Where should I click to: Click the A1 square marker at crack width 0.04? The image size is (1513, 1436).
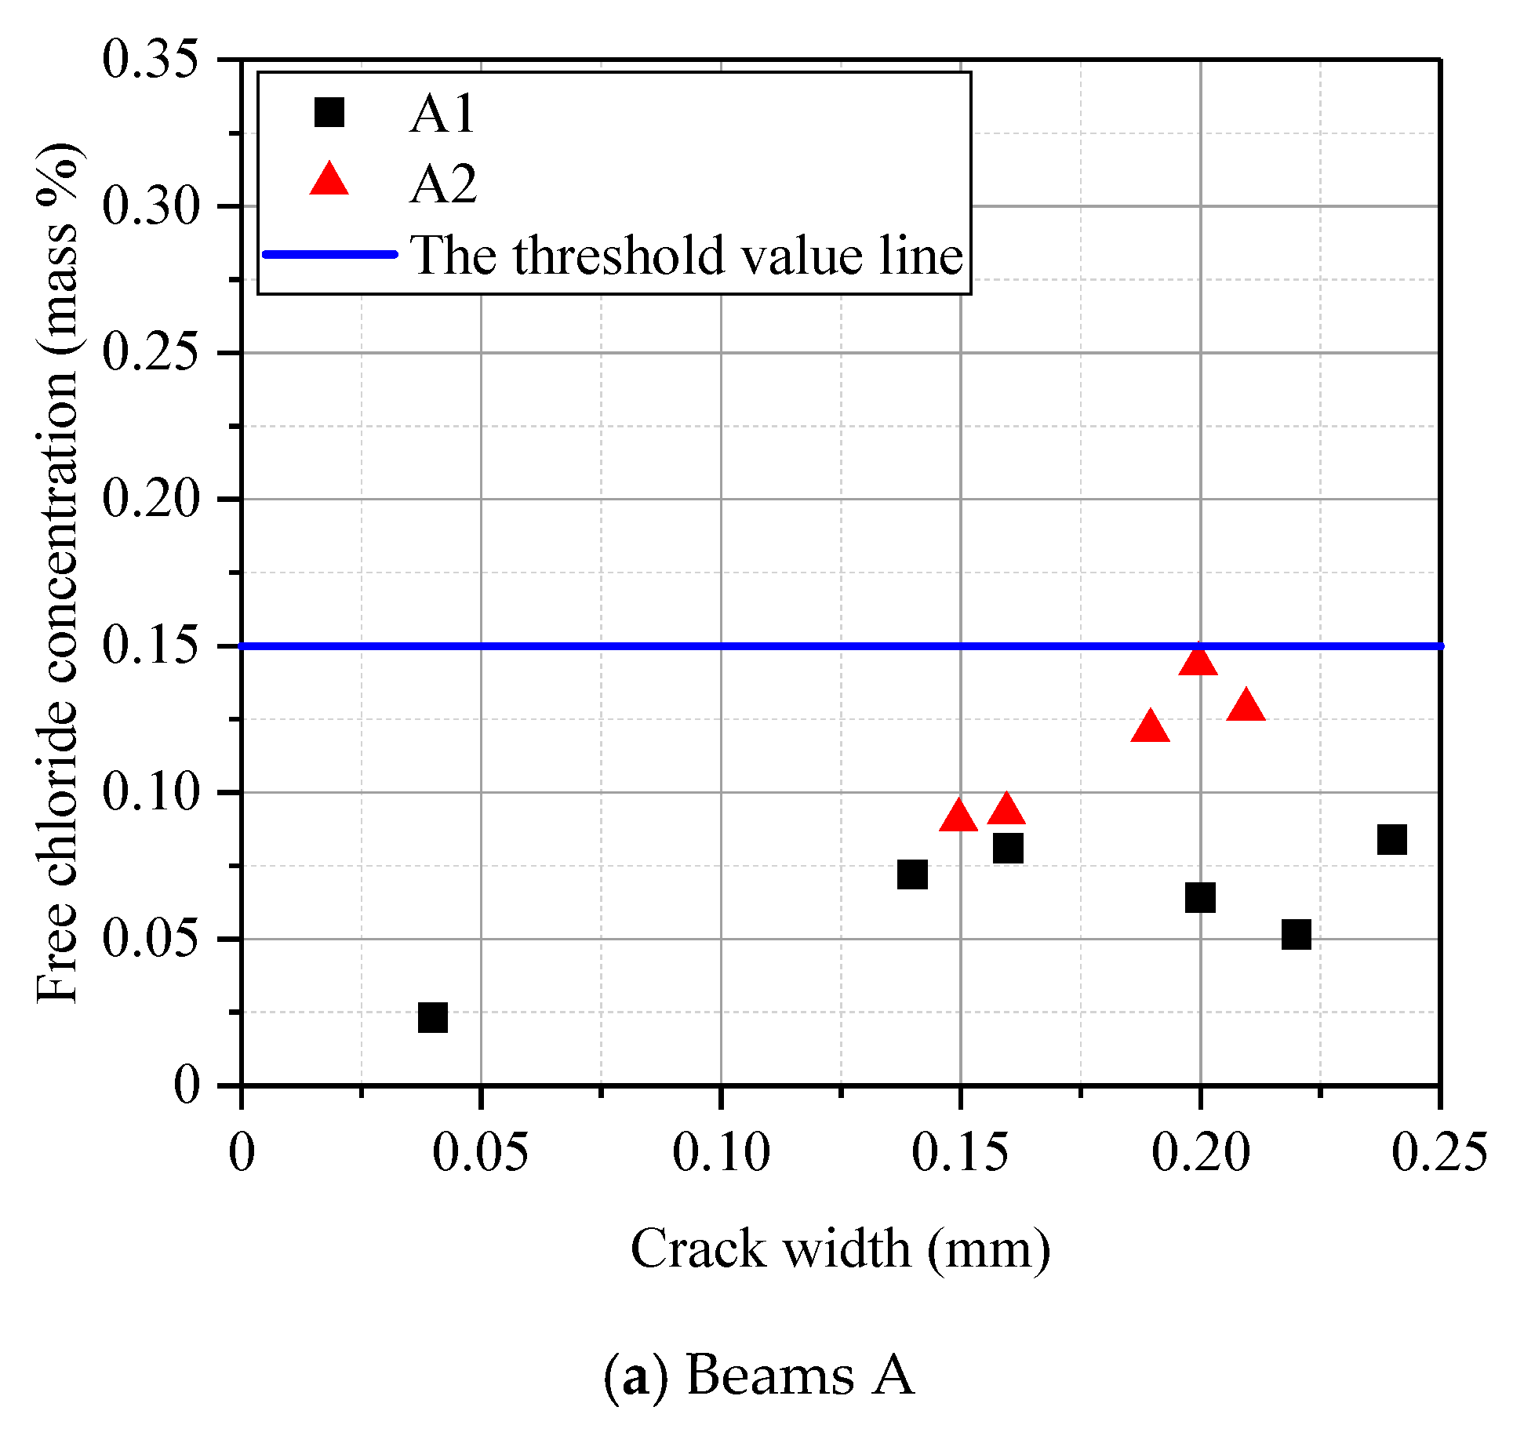[433, 1017]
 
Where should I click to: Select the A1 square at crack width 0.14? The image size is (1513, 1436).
[912, 874]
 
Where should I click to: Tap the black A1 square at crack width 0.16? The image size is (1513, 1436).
[1008, 848]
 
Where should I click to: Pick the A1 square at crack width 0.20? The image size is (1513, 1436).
[1200, 897]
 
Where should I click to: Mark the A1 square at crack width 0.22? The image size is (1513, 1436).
[1297, 935]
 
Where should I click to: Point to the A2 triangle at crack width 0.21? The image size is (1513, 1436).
[1246, 707]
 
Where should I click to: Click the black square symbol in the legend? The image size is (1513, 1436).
[329, 112]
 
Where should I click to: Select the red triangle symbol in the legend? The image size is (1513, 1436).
[329, 181]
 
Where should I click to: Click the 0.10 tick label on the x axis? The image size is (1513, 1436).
[722, 1153]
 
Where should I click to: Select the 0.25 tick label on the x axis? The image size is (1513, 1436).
[1439, 1153]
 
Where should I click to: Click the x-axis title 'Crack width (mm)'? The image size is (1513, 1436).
[840, 1249]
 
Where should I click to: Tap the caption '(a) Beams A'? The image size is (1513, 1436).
[759, 1376]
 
